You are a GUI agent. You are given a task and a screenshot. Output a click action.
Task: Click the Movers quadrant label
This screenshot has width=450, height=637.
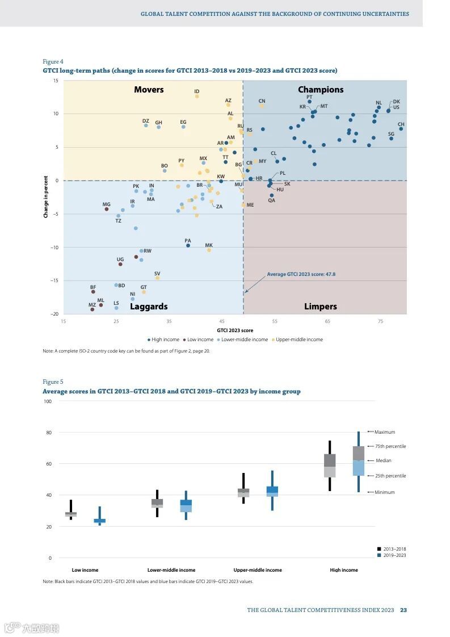pos(149,90)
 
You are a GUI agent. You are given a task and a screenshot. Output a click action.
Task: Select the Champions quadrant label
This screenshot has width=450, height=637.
pos(321,90)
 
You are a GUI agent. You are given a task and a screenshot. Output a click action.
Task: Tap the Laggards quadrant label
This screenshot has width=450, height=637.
pos(149,307)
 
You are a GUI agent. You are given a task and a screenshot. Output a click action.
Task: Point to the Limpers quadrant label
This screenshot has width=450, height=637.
pos(321,307)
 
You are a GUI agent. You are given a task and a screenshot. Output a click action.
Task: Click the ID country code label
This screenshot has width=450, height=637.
pos(197,91)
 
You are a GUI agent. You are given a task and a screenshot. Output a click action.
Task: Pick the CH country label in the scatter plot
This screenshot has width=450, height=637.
pos(401,124)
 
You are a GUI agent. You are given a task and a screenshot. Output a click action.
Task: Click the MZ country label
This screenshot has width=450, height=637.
pos(92,305)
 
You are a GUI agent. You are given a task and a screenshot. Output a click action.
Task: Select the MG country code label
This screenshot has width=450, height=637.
pos(106,204)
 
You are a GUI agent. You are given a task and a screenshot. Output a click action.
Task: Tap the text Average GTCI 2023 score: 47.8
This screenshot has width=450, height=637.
pos(301,274)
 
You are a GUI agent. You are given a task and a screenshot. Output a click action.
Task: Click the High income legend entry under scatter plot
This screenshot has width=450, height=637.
pos(165,340)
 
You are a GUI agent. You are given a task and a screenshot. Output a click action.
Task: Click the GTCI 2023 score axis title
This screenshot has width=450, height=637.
pos(235,330)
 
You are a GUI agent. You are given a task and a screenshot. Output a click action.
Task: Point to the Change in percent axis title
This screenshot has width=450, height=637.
pos(46,197)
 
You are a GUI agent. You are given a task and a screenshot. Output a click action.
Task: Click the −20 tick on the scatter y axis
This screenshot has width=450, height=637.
pos(55,314)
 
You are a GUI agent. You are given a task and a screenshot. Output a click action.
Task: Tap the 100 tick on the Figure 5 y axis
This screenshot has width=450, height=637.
pos(48,401)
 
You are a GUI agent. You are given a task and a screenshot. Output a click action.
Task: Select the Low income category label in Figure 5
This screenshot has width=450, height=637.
pos(85,570)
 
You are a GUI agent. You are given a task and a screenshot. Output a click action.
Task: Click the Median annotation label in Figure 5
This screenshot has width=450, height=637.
pos(383,460)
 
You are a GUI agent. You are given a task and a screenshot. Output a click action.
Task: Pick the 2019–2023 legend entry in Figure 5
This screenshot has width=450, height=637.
pos(394,555)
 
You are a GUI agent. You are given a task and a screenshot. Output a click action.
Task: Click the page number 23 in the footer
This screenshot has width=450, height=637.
pos(403,610)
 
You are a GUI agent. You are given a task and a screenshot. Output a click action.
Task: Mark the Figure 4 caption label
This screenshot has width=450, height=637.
pos(53,61)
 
